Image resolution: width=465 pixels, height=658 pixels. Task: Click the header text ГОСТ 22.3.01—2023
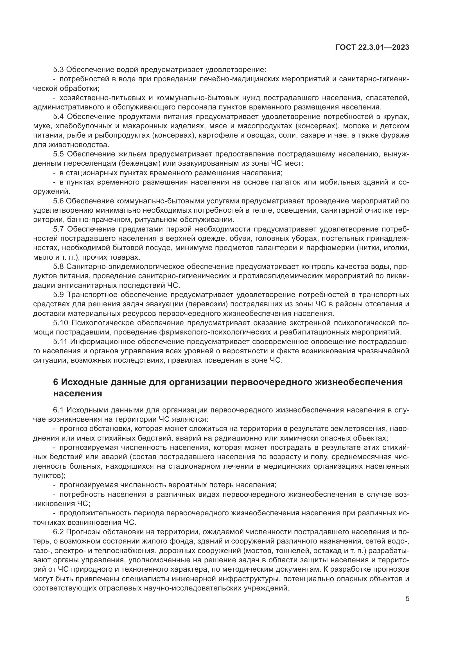(x=372, y=48)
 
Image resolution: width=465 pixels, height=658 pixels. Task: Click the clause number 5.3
(x=58, y=70)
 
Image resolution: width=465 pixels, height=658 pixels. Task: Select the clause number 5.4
(x=58, y=117)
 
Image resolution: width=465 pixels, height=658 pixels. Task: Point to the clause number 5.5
(x=58, y=154)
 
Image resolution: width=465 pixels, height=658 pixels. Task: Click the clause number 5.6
(x=58, y=201)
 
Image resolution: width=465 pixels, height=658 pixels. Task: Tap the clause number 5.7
(x=58, y=229)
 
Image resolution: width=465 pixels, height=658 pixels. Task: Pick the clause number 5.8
(x=58, y=267)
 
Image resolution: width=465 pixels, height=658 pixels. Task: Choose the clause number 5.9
(x=58, y=295)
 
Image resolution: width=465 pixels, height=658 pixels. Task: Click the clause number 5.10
(x=60, y=323)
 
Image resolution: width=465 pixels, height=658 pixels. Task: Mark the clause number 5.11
(x=60, y=342)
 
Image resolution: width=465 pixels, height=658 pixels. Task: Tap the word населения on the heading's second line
(x=78, y=393)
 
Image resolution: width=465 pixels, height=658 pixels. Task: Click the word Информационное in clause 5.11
(x=102, y=342)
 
